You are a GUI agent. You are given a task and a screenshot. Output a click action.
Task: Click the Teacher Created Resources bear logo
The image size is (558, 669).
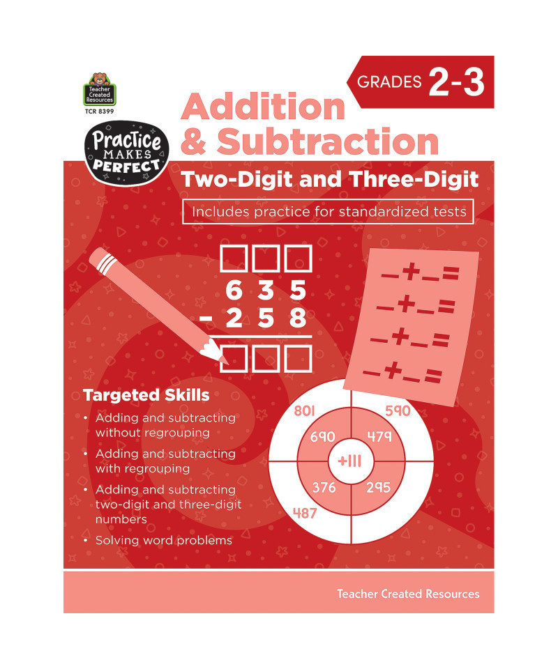click(100, 89)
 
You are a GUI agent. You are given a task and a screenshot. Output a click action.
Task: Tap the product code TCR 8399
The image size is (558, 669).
click(100, 111)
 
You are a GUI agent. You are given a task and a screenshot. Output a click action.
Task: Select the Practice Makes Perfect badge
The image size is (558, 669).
click(126, 153)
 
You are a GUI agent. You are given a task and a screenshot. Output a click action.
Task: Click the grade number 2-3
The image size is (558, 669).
click(456, 82)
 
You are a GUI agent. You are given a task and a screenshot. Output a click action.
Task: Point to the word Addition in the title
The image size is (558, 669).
click(263, 107)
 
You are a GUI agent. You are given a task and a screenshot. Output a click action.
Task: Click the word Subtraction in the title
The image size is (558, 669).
click(328, 141)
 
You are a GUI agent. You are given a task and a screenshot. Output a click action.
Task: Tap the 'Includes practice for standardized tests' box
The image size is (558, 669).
click(328, 212)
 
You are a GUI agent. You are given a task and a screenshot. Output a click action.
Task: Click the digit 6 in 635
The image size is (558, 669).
click(234, 290)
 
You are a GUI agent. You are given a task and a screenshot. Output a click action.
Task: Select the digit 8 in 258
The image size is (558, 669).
click(298, 318)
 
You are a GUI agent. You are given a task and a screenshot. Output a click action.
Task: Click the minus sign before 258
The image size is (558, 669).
click(206, 318)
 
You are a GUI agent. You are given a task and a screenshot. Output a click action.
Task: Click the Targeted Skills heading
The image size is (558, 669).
click(146, 395)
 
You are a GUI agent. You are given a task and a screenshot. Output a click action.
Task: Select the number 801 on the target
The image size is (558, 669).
click(304, 410)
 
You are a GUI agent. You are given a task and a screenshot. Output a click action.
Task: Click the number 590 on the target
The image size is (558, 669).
click(398, 410)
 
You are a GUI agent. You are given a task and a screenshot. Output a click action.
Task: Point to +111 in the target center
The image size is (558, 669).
click(349, 461)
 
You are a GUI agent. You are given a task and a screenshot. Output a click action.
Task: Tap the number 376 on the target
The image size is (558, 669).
click(324, 487)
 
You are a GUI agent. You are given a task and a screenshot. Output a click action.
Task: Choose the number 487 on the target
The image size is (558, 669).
click(305, 513)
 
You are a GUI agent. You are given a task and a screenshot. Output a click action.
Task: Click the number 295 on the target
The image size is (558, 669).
click(378, 487)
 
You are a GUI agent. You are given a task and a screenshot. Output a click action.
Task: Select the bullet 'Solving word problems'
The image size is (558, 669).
click(163, 540)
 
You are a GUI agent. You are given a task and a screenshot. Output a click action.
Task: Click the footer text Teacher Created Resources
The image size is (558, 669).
click(408, 594)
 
